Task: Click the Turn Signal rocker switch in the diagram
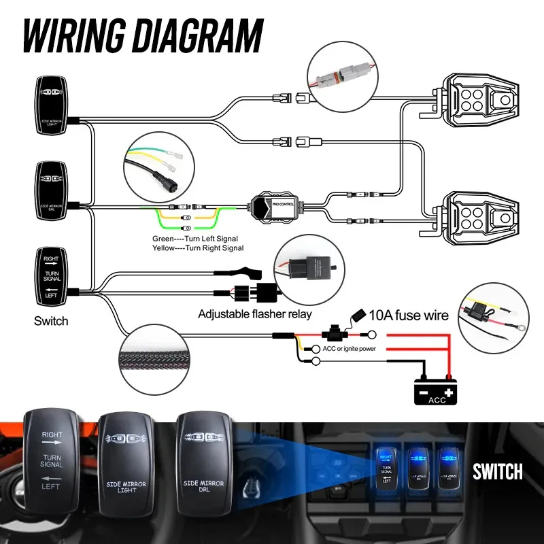52,277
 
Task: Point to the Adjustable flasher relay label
254,314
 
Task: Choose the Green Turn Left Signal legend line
197,239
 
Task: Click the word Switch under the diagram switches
51,320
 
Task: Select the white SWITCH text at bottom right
498,471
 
